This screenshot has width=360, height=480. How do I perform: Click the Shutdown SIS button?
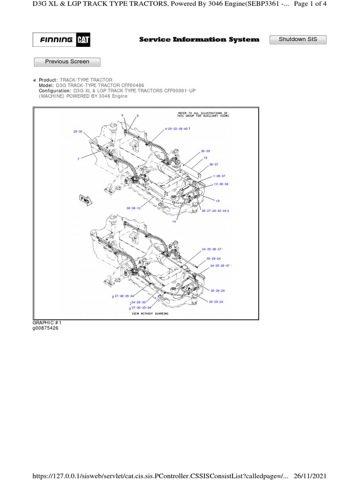click(298, 39)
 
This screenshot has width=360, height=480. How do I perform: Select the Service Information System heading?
click(199, 40)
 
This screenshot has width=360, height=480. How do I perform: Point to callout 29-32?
click(78, 132)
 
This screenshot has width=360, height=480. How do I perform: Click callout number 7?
click(78, 159)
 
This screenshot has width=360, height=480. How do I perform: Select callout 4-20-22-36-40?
click(176, 128)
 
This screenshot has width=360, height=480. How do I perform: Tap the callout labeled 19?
click(205, 158)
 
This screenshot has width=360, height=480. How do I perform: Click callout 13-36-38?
click(221, 184)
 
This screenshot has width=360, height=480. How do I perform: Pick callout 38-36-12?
click(134, 208)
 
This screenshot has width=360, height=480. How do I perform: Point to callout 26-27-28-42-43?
click(214, 211)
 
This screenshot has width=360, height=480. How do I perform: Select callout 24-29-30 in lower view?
click(139, 302)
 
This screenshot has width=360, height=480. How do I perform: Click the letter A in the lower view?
click(139, 263)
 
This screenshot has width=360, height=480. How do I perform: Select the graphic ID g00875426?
click(45, 328)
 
